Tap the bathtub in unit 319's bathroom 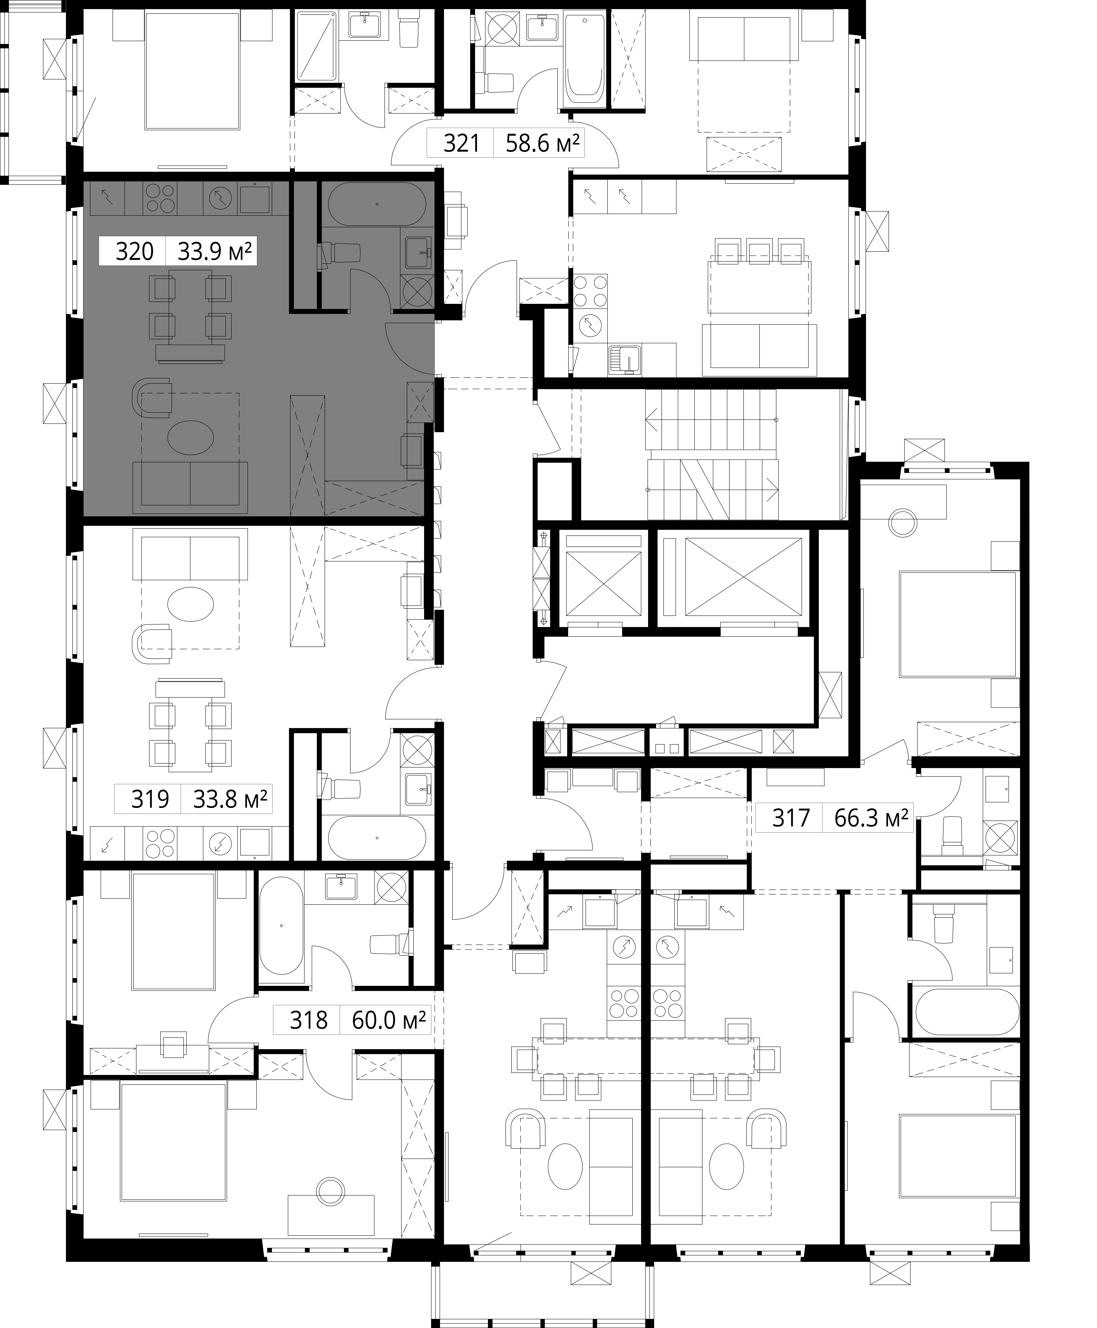click(x=377, y=838)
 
